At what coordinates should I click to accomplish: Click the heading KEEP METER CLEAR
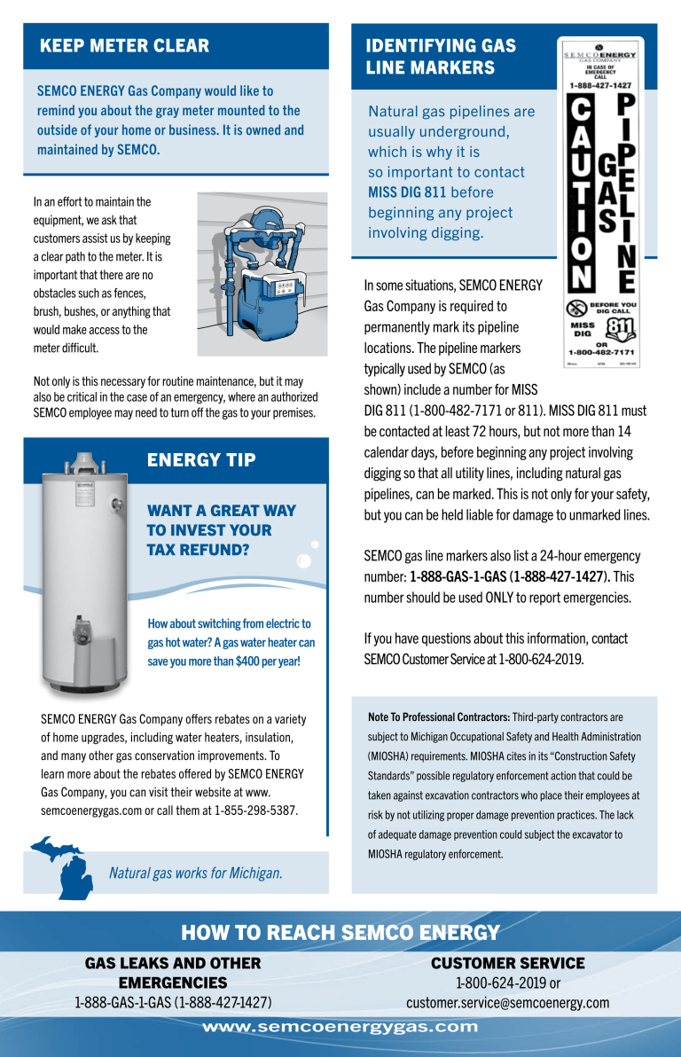click(124, 46)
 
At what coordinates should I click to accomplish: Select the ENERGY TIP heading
click(201, 459)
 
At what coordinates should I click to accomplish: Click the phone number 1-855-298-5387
click(256, 810)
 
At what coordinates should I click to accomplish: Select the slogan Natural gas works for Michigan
click(195, 873)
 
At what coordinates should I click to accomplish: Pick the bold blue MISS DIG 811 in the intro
click(407, 192)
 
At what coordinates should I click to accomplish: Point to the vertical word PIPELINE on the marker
click(625, 193)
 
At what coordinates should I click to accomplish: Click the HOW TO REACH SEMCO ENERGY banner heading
click(340, 932)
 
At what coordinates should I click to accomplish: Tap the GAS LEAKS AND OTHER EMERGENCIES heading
click(173, 973)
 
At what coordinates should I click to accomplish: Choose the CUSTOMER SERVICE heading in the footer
click(507, 963)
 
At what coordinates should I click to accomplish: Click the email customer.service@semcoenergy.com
click(507, 1003)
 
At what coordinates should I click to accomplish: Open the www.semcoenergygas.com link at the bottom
click(340, 1028)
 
